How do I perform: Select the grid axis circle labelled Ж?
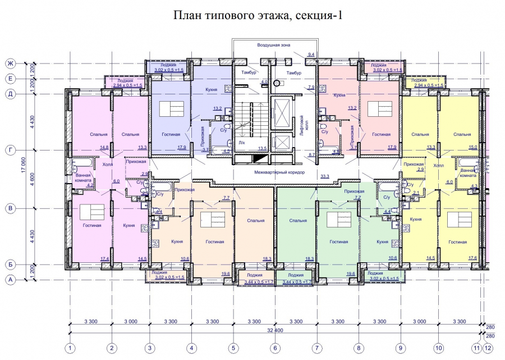(10, 63)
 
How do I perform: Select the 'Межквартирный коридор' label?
(279, 172)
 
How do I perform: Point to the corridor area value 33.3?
(324, 176)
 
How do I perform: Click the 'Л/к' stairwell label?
(241, 142)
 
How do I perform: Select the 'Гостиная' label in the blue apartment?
(171, 135)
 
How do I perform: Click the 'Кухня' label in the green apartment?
(383, 241)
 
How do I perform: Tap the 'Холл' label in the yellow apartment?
(438, 166)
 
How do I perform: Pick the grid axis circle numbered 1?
(70, 349)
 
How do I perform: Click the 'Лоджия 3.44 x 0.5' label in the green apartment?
(295, 277)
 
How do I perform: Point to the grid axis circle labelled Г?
(10, 150)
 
